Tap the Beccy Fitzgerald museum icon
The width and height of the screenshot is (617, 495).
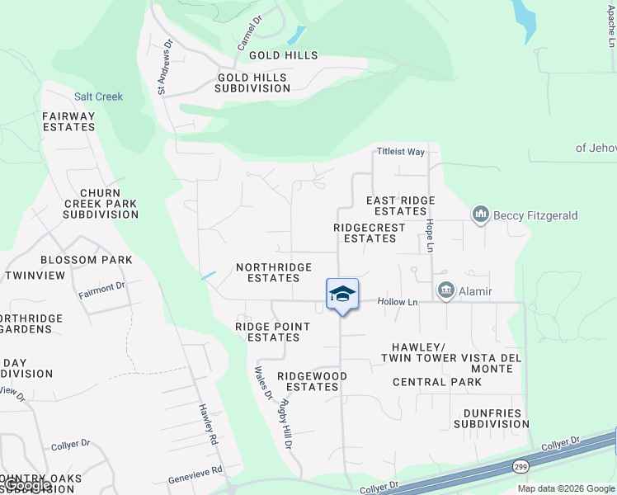(481, 215)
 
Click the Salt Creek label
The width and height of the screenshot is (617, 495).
(98, 97)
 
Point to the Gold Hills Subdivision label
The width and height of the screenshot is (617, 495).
(252, 82)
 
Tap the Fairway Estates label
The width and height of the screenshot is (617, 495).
(69, 121)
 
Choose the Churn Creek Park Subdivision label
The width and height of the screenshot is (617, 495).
(101, 204)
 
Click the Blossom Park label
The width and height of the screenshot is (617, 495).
(86, 260)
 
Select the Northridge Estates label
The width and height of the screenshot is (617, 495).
(274, 272)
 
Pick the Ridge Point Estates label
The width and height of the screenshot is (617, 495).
(272, 332)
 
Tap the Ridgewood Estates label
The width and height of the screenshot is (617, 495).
(312, 381)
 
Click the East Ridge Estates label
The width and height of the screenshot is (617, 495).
(400, 205)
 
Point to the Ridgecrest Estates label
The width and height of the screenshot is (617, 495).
(370, 233)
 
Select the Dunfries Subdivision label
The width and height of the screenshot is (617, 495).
(491, 418)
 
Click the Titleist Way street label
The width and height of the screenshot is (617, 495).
(401, 152)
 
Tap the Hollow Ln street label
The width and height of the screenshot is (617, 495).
(398, 302)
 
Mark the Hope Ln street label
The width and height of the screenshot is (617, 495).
(430, 236)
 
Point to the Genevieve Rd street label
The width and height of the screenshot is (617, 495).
(195, 470)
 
